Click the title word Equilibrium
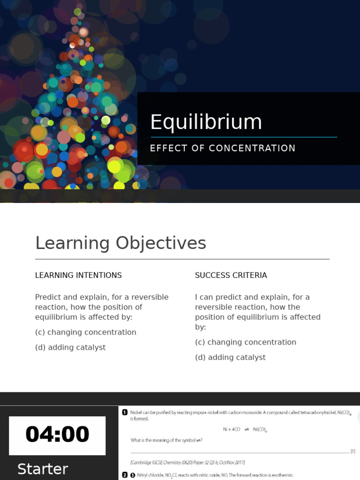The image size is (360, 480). pyautogui.click(x=206, y=122)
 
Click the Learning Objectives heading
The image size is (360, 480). pyautogui.click(x=120, y=243)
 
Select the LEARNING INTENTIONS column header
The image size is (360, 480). pyautogui.click(x=78, y=276)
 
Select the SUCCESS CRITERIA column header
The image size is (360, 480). pyautogui.click(x=231, y=276)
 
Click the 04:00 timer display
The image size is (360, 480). pyautogui.click(x=57, y=435)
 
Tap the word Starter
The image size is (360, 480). pyautogui.click(x=43, y=469)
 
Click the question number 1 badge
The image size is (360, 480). pyautogui.click(x=125, y=412)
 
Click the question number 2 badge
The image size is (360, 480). pyautogui.click(x=125, y=475)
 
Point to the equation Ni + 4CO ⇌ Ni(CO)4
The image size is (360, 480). pyautogui.click(x=245, y=429)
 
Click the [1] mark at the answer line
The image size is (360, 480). pyautogui.click(x=352, y=451)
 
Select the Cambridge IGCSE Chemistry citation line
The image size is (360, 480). pyautogui.click(x=187, y=463)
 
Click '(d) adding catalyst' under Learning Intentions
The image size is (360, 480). pyautogui.click(x=70, y=347)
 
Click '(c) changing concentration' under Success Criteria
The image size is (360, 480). pyautogui.click(x=246, y=342)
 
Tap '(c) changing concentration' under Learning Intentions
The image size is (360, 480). pyautogui.click(x=85, y=332)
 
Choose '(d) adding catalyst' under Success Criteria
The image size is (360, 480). pyautogui.click(x=230, y=357)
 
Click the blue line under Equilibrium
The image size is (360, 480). pyautogui.click(x=243, y=137)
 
